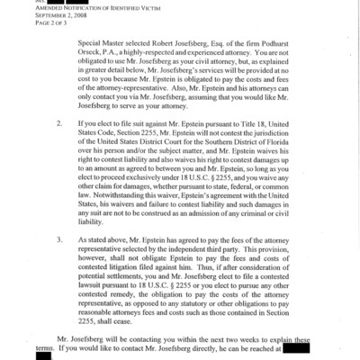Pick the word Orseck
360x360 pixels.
[93, 55]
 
